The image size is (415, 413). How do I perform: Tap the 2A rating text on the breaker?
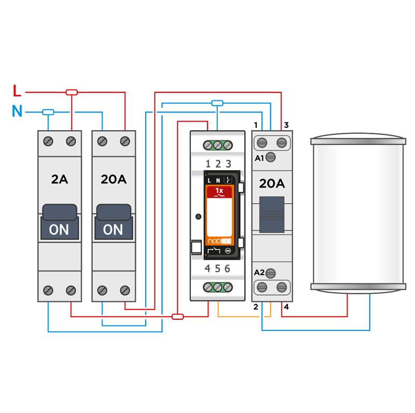pos(59,180)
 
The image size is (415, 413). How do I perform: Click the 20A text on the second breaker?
pos(114,180)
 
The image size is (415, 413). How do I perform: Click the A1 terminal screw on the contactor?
pos(270,158)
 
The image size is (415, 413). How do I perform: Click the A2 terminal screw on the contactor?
pos(270,273)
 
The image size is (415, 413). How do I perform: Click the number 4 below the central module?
pos(208,268)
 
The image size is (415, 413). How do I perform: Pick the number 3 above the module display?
pos(228,164)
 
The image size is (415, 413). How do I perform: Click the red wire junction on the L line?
pos(72,92)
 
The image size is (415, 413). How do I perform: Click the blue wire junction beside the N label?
pos(48,111)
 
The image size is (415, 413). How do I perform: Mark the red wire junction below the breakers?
pos(177,316)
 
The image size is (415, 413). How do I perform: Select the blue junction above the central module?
pos(218,103)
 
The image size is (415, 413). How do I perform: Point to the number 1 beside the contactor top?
pos(255,125)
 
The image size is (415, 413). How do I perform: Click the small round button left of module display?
pos(198,216)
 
